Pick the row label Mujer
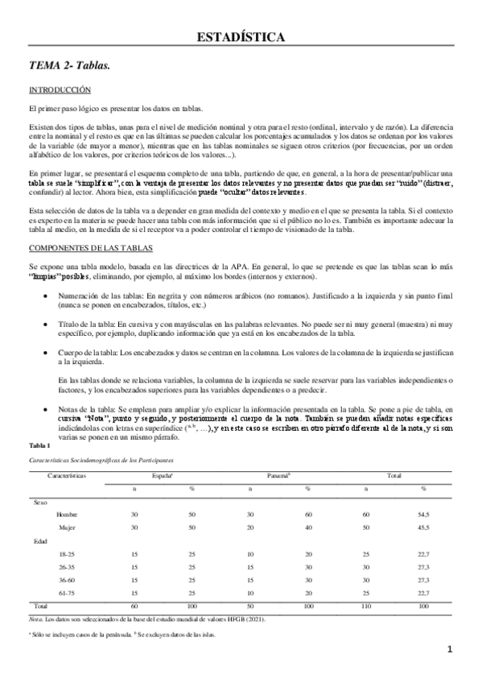[x=67, y=527]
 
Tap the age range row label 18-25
[x=67, y=553]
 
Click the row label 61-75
[x=67, y=592]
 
